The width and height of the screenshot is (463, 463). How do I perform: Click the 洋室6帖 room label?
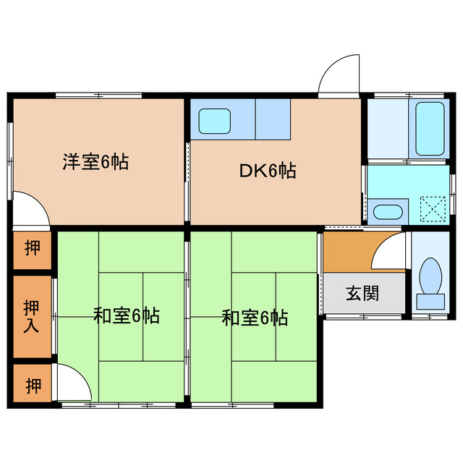[95, 162]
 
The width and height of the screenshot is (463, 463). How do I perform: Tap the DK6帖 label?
[268, 171]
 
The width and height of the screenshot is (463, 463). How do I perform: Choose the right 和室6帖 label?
[255, 317]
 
